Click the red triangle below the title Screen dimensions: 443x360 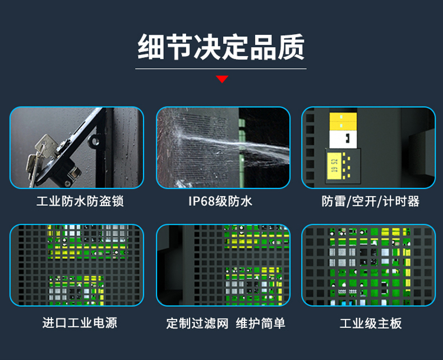point(222,79)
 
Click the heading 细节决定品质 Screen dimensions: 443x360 point(221,47)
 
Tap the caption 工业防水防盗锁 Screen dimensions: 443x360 point(80,201)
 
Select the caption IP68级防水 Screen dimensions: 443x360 point(220,201)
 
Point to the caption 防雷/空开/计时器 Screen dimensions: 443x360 point(371,201)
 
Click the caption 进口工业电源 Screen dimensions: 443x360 point(80,322)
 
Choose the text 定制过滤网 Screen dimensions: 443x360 point(197,323)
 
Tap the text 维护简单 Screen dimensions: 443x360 point(261,323)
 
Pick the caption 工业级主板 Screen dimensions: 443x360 point(371,323)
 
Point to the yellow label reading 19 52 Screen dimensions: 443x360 point(335,166)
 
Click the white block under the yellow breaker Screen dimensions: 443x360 point(343,139)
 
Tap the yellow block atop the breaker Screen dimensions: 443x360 point(343,122)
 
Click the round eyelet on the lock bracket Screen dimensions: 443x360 point(94,140)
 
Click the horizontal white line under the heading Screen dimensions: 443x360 point(221,68)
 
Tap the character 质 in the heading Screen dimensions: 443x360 point(291,47)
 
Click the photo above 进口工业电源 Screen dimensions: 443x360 point(77,265)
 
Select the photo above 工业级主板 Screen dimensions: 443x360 point(368,265)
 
